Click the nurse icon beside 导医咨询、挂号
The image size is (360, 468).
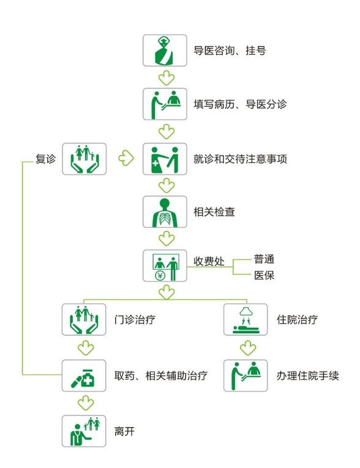pyautogui.click(x=165, y=50)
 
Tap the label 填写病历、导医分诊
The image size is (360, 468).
pyautogui.click(x=240, y=104)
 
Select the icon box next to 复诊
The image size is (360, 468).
pyautogui.click(x=84, y=159)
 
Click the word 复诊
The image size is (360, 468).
pyautogui.click(x=46, y=159)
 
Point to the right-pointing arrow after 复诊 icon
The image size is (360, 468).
pyautogui.click(x=126, y=158)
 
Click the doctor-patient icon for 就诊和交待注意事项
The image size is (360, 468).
pyautogui.click(x=165, y=159)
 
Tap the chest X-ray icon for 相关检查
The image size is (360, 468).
pyautogui.click(x=165, y=212)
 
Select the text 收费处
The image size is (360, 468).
pyautogui.click(x=209, y=261)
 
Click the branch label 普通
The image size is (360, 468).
pyautogui.click(x=264, y=259)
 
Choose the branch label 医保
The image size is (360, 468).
pyautogui.click(x=264, y=275)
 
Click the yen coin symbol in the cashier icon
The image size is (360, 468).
pyautogui.click(x=160, y=276)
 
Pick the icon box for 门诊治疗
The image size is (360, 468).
pyautogui.click(x=84, y=319)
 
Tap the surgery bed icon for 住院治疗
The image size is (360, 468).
pyautogui.click(x=246, y=319)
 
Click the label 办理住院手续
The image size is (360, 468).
pyautogui.click(x=307, y=376)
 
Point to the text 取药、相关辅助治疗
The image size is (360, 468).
pyautogui.click(x=161, y=376)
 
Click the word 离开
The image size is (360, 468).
pyautogui.click(x=124, y=431)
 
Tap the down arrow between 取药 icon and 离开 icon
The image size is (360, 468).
pyautogui.click(x=86, y=403)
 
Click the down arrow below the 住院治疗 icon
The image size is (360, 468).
pyautogui.click(x=248, y=348)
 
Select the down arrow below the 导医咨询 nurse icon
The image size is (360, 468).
pyautogui.click(x=167, y=78)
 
